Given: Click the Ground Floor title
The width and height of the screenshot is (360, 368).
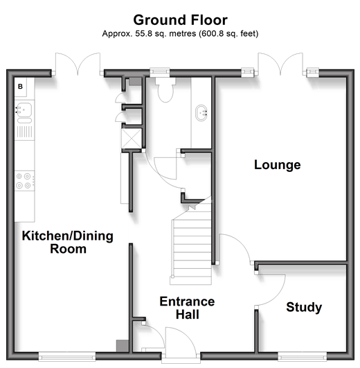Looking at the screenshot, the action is [180, 20].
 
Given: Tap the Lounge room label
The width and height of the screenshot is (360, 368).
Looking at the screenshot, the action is [277, 165].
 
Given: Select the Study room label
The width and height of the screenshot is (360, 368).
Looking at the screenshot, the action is [304, 308].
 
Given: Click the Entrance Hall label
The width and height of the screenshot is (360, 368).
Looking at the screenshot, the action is [187, 308].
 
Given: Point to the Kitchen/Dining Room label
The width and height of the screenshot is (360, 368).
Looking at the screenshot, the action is [68, 242].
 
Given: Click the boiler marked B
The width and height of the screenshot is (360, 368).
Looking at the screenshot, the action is [20, 87].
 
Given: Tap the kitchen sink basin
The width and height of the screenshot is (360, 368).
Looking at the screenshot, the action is [24, 110].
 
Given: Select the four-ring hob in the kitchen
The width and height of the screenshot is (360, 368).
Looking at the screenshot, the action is [24, 181].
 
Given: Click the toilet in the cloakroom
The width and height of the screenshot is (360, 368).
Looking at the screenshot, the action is [165, 90].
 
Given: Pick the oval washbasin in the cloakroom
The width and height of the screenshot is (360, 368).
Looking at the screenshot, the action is [201, 113].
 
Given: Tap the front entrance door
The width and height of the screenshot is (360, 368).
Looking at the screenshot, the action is [180, 342].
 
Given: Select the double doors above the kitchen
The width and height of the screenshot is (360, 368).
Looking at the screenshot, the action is [78, 64].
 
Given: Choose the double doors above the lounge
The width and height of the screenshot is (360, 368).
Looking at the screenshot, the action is [280, 64].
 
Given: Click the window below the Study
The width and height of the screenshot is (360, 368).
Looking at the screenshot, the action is [303, 357].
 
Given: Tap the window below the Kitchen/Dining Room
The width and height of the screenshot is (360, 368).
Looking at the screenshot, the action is [66, 357].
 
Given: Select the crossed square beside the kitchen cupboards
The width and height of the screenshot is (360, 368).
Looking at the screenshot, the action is [132, 139].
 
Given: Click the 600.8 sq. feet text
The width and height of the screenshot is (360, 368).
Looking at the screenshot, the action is [228, 34].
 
